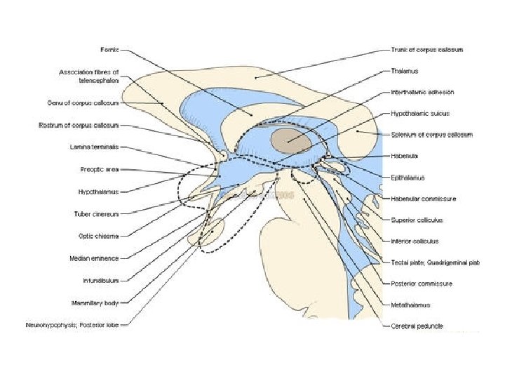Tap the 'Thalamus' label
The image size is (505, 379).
coord(405,71)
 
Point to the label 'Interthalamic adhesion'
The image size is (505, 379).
coord(422,92)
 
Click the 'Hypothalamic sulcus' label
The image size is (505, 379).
coord(420,113)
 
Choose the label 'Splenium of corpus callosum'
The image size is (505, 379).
coord(431,134)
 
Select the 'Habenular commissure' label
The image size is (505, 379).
coord(424,199)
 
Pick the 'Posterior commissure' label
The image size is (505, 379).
coord(422,284)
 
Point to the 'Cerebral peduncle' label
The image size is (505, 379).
coord(417,326)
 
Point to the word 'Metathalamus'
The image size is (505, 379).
coord(411,305)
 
